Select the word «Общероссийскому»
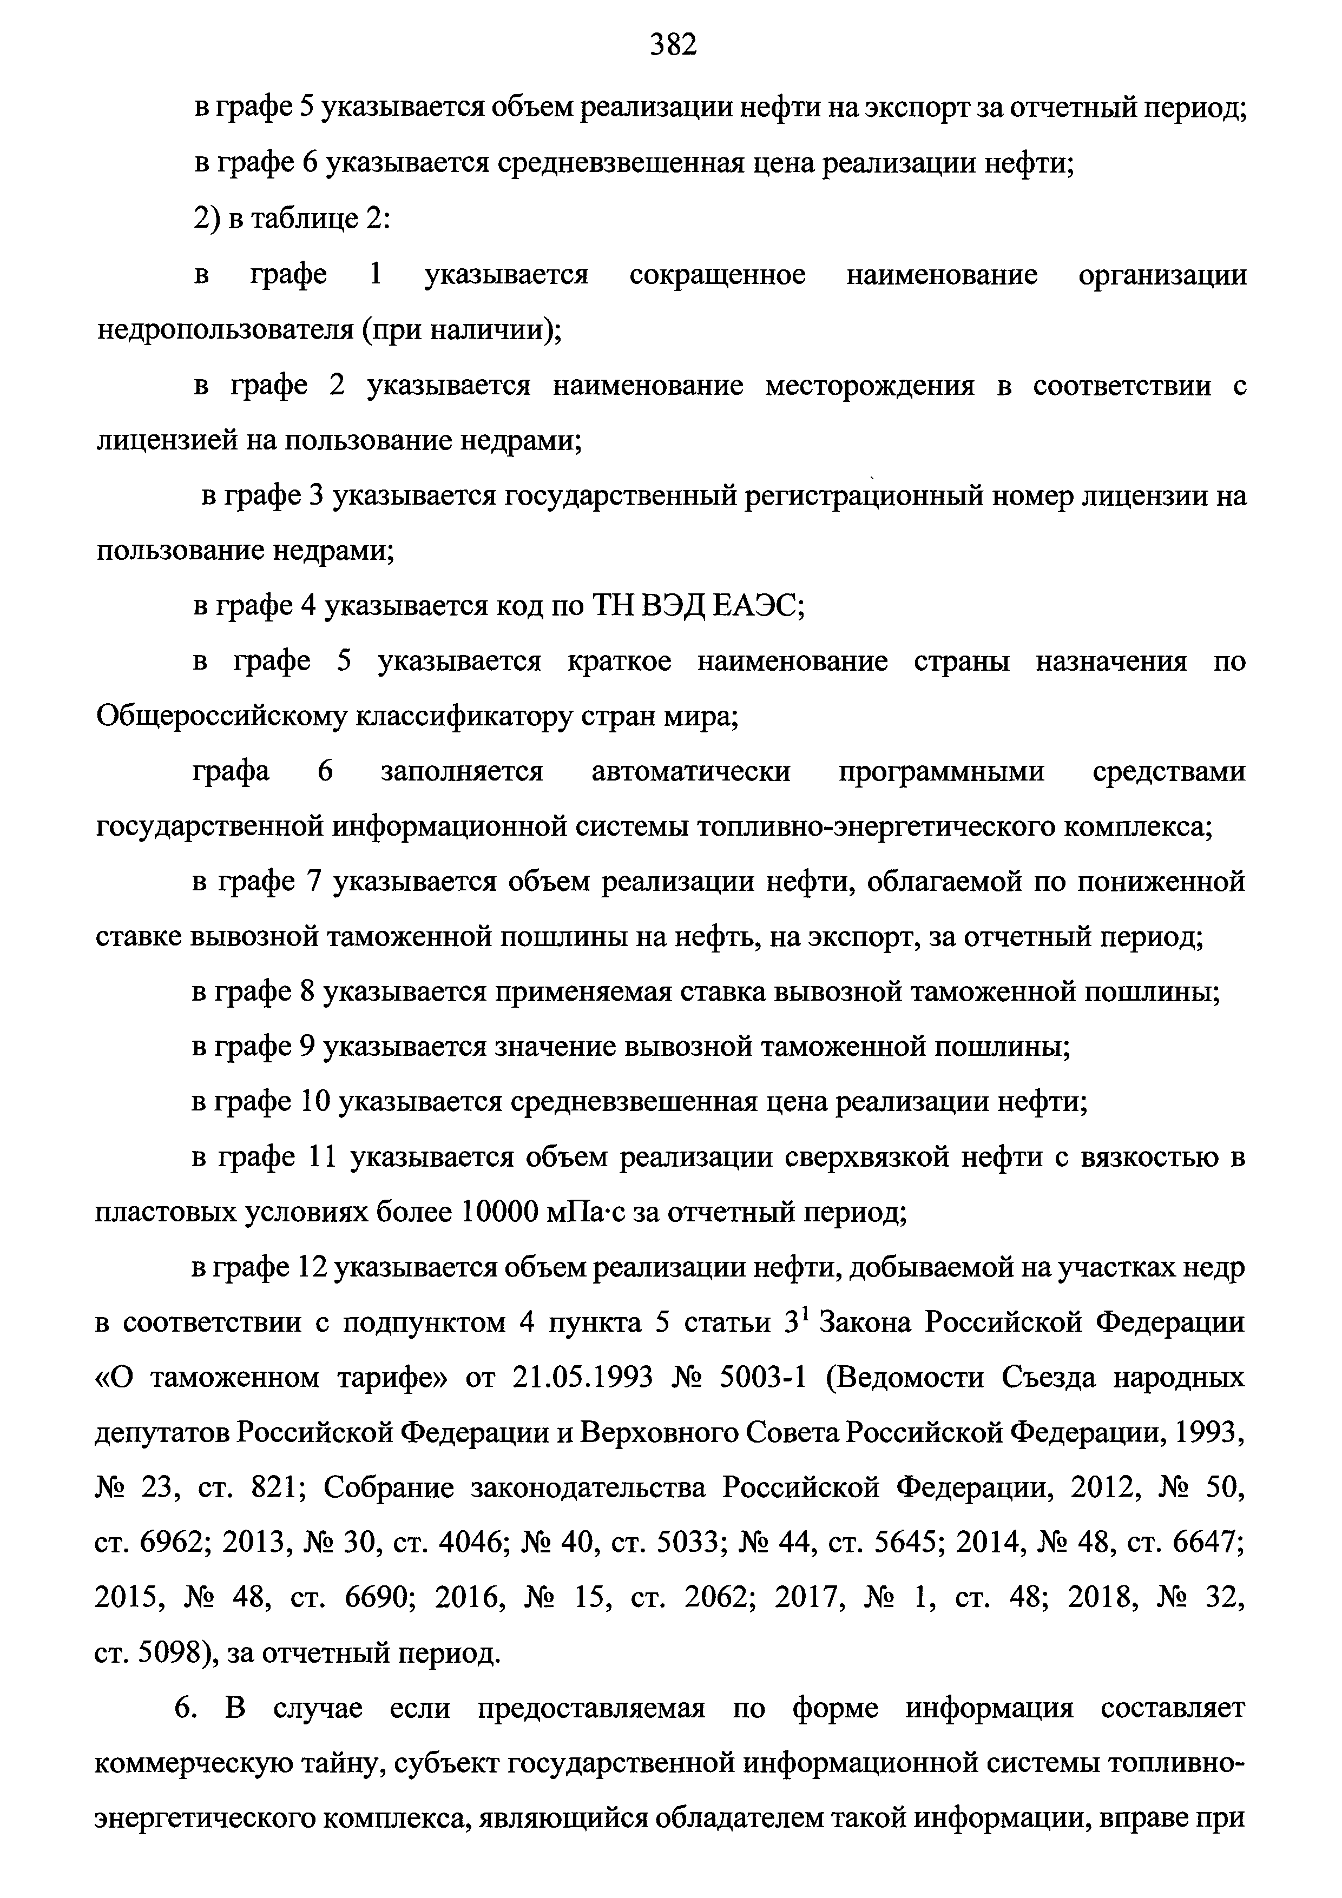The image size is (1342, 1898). (x=222, y=717)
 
